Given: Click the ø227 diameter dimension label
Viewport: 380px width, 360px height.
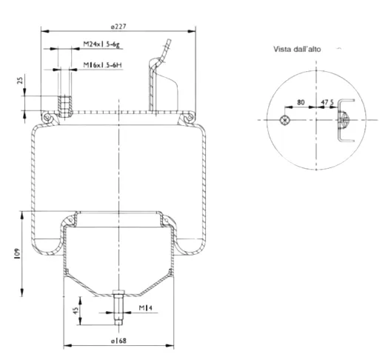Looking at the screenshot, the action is click(x=119, y=27).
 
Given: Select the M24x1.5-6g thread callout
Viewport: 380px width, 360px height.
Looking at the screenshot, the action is click(x=101, y=44).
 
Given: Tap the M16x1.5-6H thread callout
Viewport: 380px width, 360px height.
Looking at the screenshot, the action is click(x=102, y=65).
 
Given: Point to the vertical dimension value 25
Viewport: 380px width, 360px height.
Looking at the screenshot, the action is click(x=20, y=80).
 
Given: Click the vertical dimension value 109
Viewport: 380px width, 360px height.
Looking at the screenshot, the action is click(x=18, y=253).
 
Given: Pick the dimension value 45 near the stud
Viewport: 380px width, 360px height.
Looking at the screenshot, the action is click(x=76, y=310).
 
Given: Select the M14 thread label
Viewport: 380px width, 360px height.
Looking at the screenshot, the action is click(x=146, y=307).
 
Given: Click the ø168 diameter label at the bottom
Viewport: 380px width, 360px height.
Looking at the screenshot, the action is click(x=119, y=341).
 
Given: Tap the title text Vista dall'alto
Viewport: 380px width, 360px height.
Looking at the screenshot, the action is click(x=297, y=49).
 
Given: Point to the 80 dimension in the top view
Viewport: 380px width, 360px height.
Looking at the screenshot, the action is click(x=301, y=102).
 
